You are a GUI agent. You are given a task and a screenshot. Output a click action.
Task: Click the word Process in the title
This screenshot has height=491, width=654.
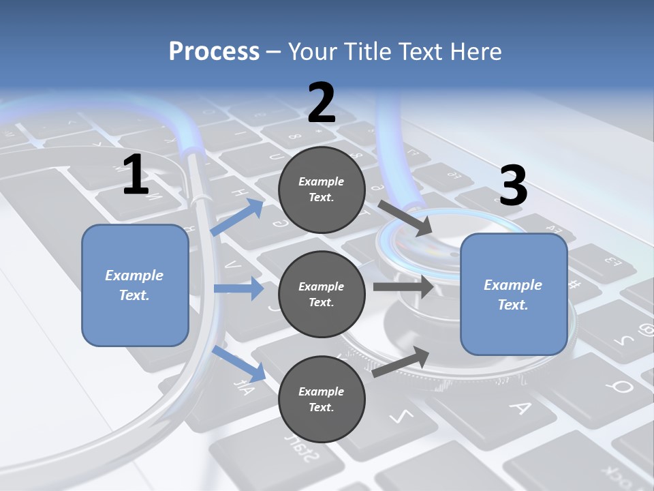pyautogui.click(x=215, y=52)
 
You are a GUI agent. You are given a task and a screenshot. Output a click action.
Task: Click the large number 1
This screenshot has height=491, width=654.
pyautogui.click(x=136, y=174)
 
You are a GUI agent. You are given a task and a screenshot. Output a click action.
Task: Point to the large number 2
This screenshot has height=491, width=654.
pyautogui.click(x=322, y=102)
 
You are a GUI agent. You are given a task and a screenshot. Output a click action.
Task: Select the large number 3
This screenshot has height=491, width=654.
pyautogui.click(x=514, y=185)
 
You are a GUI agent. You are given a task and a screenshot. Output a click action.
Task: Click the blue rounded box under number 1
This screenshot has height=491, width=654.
pyautogui.click(x=135, y=286)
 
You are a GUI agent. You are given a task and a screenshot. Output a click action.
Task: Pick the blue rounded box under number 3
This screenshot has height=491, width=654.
pyautogui.click(x=514, y=295)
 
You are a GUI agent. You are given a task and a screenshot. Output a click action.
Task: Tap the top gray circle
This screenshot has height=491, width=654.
pyautogui.click(x=322, y=190)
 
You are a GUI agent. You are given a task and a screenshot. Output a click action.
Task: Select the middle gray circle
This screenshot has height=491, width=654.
pyautogui.click(x=322, y=295)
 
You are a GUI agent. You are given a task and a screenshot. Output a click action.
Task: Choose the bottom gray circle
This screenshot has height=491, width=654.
pyautogui.click(x=322, y=399)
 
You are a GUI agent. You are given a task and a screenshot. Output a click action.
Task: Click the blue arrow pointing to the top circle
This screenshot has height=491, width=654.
pyautogui.click(x=237, y=217)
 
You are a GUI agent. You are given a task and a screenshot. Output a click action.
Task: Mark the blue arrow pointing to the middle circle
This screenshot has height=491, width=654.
pyautogui.click(x=239, y=288)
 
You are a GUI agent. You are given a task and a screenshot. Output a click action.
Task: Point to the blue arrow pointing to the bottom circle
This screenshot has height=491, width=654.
pyautogui.click(x=239, y=363)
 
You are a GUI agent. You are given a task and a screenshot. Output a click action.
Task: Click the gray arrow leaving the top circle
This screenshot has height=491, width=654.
pyautogui.click(x=405, y=218)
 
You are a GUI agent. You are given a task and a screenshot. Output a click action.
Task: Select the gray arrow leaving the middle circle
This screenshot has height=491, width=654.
pyautogui.click(x=404, y=287)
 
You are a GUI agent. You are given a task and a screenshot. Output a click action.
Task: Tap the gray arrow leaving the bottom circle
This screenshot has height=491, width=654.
pyautogui.click(x=401, y=361)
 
